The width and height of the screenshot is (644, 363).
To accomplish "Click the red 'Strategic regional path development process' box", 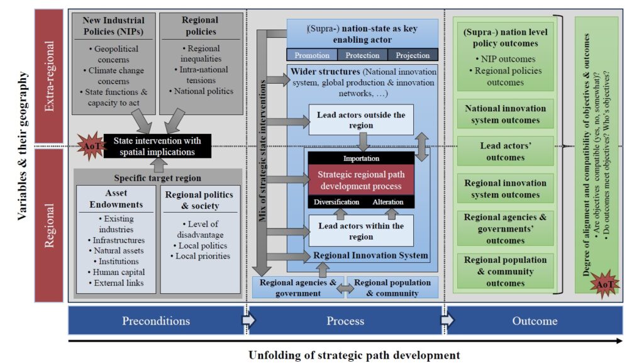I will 361,180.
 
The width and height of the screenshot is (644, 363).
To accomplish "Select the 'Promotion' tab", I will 312,55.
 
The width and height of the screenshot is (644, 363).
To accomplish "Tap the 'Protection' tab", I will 362,55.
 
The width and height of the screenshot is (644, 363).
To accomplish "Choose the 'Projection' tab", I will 413,55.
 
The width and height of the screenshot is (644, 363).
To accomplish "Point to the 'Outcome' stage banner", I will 534,321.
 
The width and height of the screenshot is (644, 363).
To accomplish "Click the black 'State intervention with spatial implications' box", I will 157,147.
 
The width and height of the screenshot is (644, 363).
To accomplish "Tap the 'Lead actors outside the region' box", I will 361,120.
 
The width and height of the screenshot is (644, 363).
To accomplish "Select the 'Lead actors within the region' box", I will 361,230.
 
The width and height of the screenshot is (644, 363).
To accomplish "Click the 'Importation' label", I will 361,159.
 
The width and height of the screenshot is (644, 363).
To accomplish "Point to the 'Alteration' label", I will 388,202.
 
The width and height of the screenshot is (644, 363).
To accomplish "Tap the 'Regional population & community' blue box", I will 392,288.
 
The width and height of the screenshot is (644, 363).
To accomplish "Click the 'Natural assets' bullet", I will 116,250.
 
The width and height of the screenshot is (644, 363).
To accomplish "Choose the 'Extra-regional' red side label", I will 50,77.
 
